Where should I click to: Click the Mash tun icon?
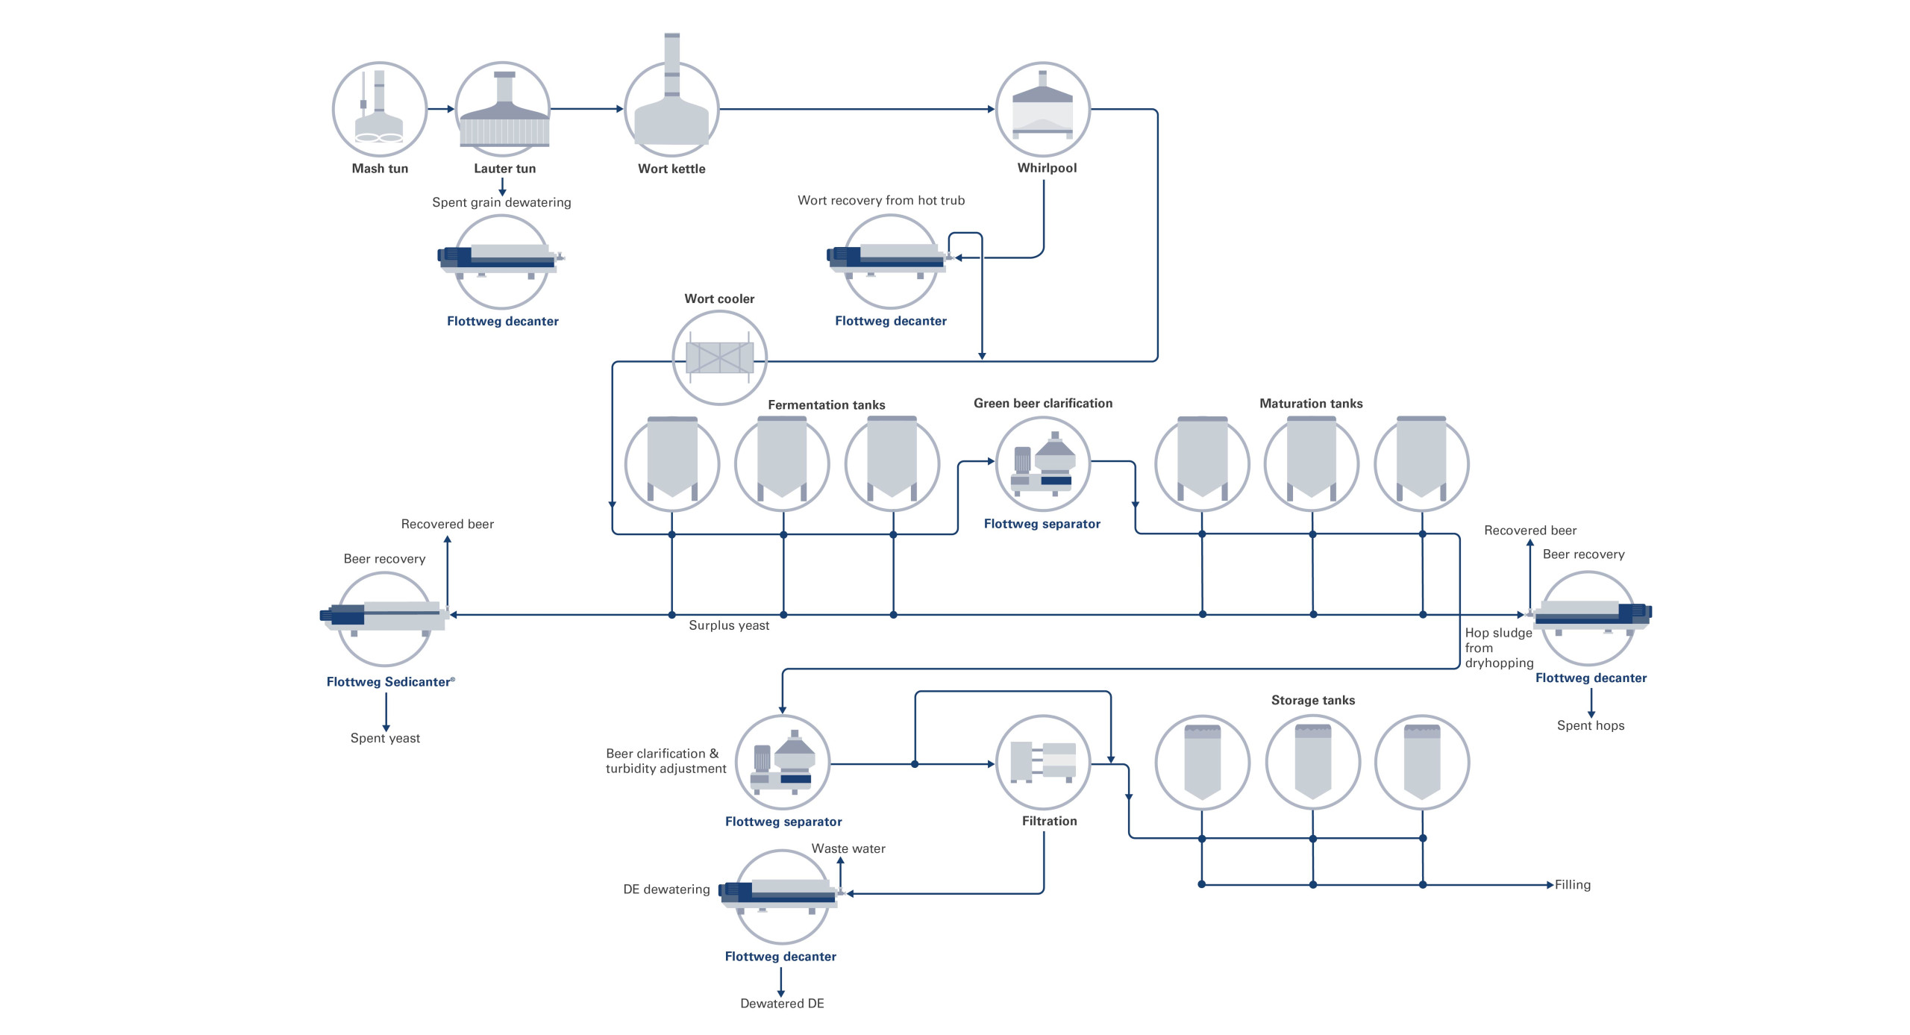point(379,109)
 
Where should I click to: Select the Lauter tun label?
point(504,169)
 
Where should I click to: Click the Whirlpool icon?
point(1042,109)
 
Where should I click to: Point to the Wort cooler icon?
point(719,357)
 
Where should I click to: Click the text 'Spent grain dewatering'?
point(501,202)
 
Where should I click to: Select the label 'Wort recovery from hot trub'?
point(880,200)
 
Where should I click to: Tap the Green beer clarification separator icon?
point(1042,463)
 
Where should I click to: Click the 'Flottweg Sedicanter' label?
point(389,681)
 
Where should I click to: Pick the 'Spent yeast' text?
point(385,738)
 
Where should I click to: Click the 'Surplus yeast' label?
point(728,625)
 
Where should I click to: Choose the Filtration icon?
point(1042,762)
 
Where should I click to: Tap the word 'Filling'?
point(1572,885)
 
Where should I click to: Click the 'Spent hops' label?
point(1590,725)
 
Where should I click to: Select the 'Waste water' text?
point(848,848)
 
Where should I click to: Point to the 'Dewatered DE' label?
point(781,1004)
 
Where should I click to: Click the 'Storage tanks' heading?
point(1312,700)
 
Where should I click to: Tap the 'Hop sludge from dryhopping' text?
point(1498,648)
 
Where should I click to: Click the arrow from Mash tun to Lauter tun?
point(441,109)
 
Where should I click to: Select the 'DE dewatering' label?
point(666,889)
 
